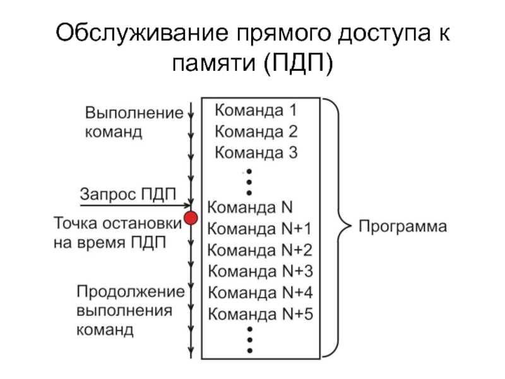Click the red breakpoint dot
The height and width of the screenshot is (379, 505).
190,218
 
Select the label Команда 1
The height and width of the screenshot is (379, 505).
256,111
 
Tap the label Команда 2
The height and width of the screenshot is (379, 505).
256,132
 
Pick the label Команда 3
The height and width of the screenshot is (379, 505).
256,152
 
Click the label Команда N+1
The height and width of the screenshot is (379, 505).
259,228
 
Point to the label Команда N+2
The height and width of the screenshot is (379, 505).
259,250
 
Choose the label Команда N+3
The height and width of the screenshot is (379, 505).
259,272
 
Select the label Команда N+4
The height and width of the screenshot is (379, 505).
259,293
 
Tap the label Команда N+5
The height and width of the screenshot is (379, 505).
259,314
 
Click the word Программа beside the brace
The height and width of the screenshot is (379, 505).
402,226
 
